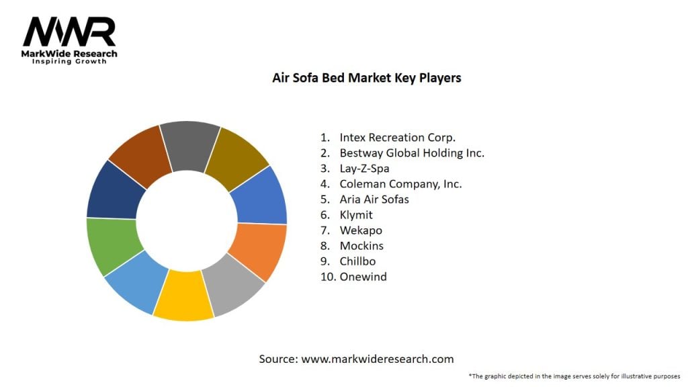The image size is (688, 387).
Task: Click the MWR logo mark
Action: (69, 32)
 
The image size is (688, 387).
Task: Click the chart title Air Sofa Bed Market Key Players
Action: (366, 78)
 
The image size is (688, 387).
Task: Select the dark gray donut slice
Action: (190, 146)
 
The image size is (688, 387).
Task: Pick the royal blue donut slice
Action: (261, 197)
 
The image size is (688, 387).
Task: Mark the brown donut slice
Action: (140, 156)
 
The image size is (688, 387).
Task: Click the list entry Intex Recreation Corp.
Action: (398, 137)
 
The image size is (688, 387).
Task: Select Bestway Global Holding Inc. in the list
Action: (412, 153)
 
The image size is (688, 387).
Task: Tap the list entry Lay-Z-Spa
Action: (365, 169)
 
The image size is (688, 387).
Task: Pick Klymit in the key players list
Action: (356, 215)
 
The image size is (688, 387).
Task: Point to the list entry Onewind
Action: (363, 277)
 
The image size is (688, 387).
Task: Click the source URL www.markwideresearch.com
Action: (378, 359)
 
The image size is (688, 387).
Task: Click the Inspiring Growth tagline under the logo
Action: (69, 61)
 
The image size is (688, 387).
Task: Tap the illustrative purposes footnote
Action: (574, 376)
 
